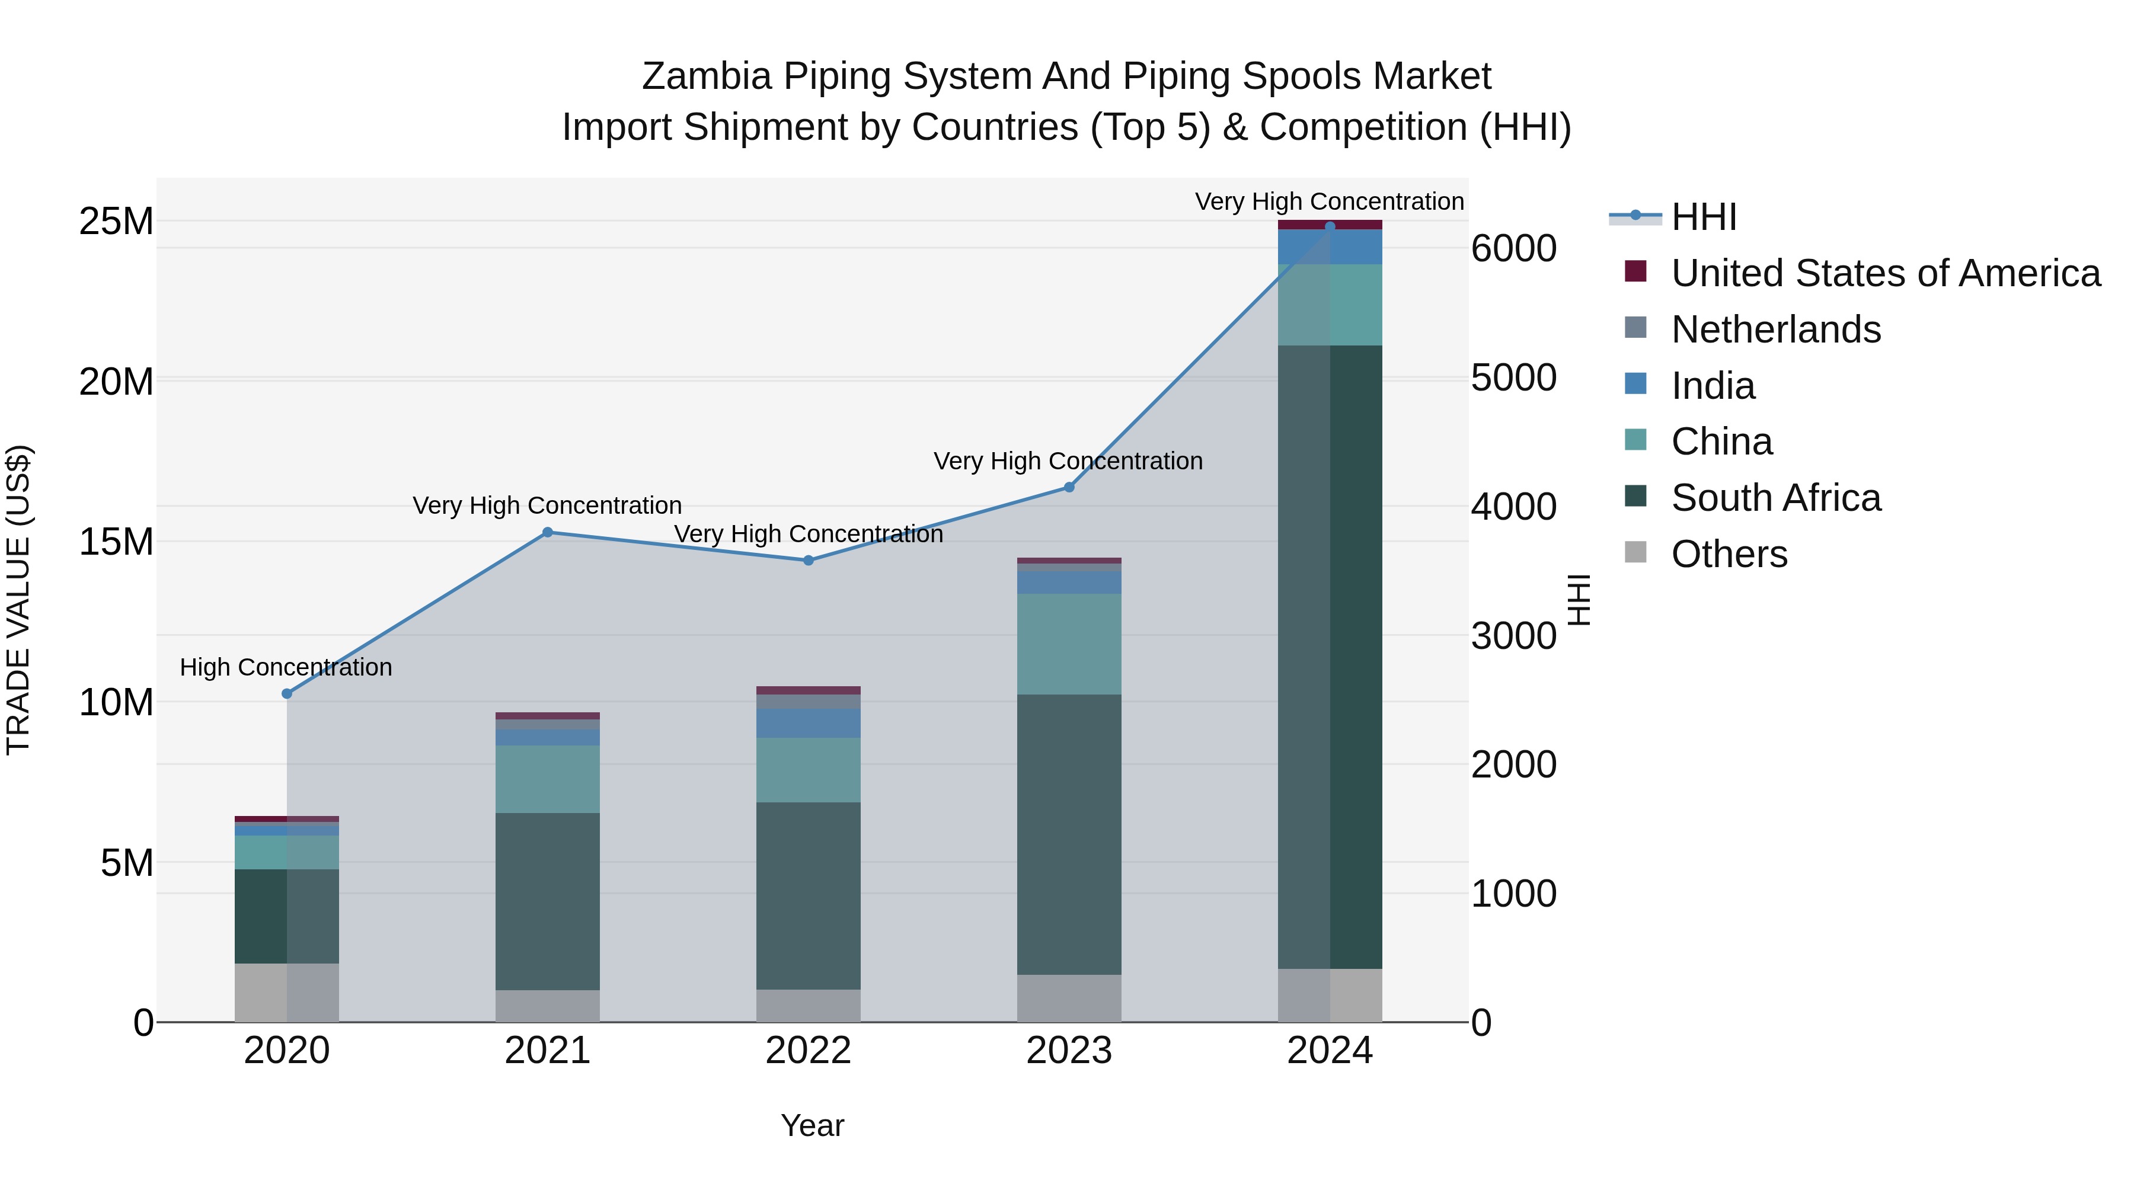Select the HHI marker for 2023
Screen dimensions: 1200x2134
(x=1069, y=487)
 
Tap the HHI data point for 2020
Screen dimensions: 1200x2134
(x=287, y=694)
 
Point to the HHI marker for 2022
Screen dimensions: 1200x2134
(x=809, y=561)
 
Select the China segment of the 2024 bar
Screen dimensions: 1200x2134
(x=1330, y=305)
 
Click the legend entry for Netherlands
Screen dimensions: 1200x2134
(x=1775, y=329)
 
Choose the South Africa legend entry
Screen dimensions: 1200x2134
(x=1775, y=498)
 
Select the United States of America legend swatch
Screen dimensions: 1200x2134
(x=1635, y=271)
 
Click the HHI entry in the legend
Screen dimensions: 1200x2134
(x=1702, y=217)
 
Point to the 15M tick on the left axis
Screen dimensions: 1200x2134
(x=116, y=542)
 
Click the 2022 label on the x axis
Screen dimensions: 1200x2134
(x=809, y=1051)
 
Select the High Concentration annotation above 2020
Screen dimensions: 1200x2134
(x=286, y=667)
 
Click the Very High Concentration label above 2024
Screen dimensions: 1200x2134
(x=1329, y=201)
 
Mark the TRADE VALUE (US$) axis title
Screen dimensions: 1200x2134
(x=18, y=600)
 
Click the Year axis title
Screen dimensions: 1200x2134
(x=812, y=1125)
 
